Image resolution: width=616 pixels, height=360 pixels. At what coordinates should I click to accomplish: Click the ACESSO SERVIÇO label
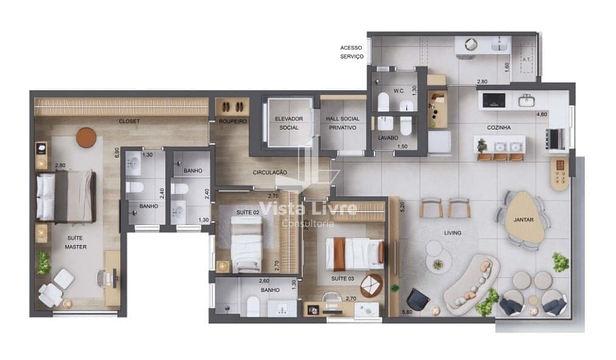pyautogui.click(x=351, y=52)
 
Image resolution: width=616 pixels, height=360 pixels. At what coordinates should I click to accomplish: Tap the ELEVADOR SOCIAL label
pyautogui.click(x=289, y=123)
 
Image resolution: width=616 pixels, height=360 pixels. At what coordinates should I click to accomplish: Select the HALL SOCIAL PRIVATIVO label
pyautogui.click(x=342, y=123)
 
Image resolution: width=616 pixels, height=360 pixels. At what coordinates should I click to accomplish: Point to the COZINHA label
pyautogui.click(x=499, y=127)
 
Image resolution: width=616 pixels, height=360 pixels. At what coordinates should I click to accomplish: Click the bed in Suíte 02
pyautogui.click(x=246, y=244)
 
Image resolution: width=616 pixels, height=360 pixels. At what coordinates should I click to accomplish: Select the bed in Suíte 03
pyautogui.click(x=355, y=253)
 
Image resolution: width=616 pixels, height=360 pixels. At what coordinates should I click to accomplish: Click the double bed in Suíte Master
pyautogui.click(x=66, y=196)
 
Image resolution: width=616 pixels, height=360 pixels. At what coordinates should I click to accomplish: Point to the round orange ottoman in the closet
pyautogui.click(x=86, y=137)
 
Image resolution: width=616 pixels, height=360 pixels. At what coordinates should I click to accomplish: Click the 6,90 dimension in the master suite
pyautogui.click(x=117, y=153)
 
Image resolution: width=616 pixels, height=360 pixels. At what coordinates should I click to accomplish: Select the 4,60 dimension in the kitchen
pyautogui.click(x=542, y=114)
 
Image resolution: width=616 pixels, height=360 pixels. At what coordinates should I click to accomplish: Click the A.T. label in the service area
pyautogui.click(x=527, y=60)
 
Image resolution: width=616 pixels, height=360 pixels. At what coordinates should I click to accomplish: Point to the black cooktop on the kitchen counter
pyautogui.click(x=494, y=100)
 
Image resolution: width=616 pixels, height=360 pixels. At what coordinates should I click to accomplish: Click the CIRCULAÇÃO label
pyautogui.click(x=270, y=172)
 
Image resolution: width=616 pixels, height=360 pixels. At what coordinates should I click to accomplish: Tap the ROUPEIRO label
pyautogui.click(x=232, y=121)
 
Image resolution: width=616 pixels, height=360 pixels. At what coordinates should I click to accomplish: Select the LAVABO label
pyautogui.click(x=388, y=138)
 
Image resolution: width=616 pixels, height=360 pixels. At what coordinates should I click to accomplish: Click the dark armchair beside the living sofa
pyautogui.click(x=417, y=299)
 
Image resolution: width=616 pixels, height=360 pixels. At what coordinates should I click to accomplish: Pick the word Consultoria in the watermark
pyautogui.click(x=308, y=224)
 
